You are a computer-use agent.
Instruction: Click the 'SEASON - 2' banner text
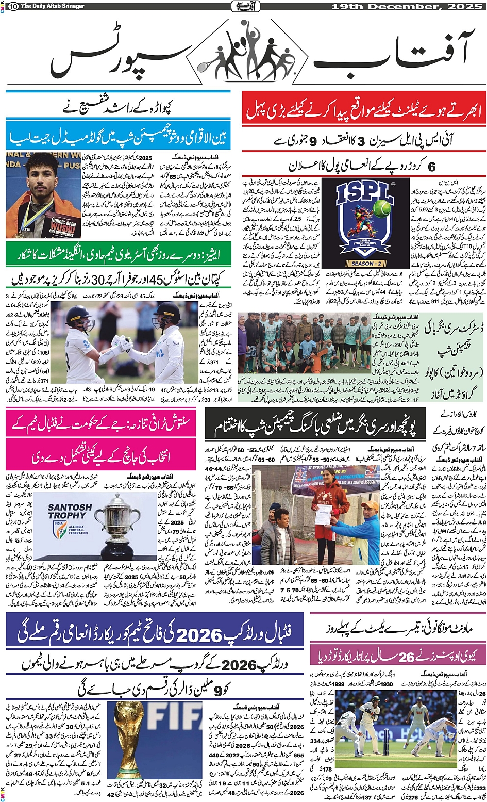pos(363,263)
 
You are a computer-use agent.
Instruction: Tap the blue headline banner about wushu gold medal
pos(117,137)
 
